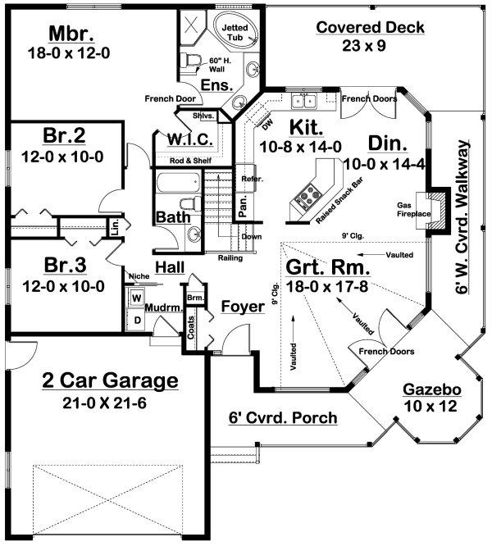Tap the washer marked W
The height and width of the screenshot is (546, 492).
tap(137, 298)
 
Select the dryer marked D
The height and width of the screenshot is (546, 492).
tap(137, 320)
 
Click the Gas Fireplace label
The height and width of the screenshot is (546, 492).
tap(413, 210)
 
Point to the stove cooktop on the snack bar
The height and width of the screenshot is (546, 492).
tap(305, 196)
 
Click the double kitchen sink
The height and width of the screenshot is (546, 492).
tap(304, 102)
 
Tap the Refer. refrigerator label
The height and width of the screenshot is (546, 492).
tap(252, 179)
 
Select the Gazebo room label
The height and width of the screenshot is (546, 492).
tap(432, 389)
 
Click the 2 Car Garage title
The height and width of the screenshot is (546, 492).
tap(110, 380)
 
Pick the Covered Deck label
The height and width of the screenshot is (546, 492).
tap(371, 28)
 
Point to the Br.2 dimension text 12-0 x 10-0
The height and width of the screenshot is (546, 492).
tap(62, 157)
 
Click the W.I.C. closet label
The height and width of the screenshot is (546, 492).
tap(190, 139)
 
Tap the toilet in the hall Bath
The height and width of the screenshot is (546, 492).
tap(191, 204)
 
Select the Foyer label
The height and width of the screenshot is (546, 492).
tap(243, 307)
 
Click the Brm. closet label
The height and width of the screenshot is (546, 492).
tap(195, 298)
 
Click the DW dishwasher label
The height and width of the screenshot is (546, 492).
tap(267, 125)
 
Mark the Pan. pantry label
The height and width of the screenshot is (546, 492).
tap(243, 206)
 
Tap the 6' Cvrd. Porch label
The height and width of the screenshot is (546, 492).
tap(283, 418)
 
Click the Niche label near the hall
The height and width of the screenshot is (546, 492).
tap(139, 276)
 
